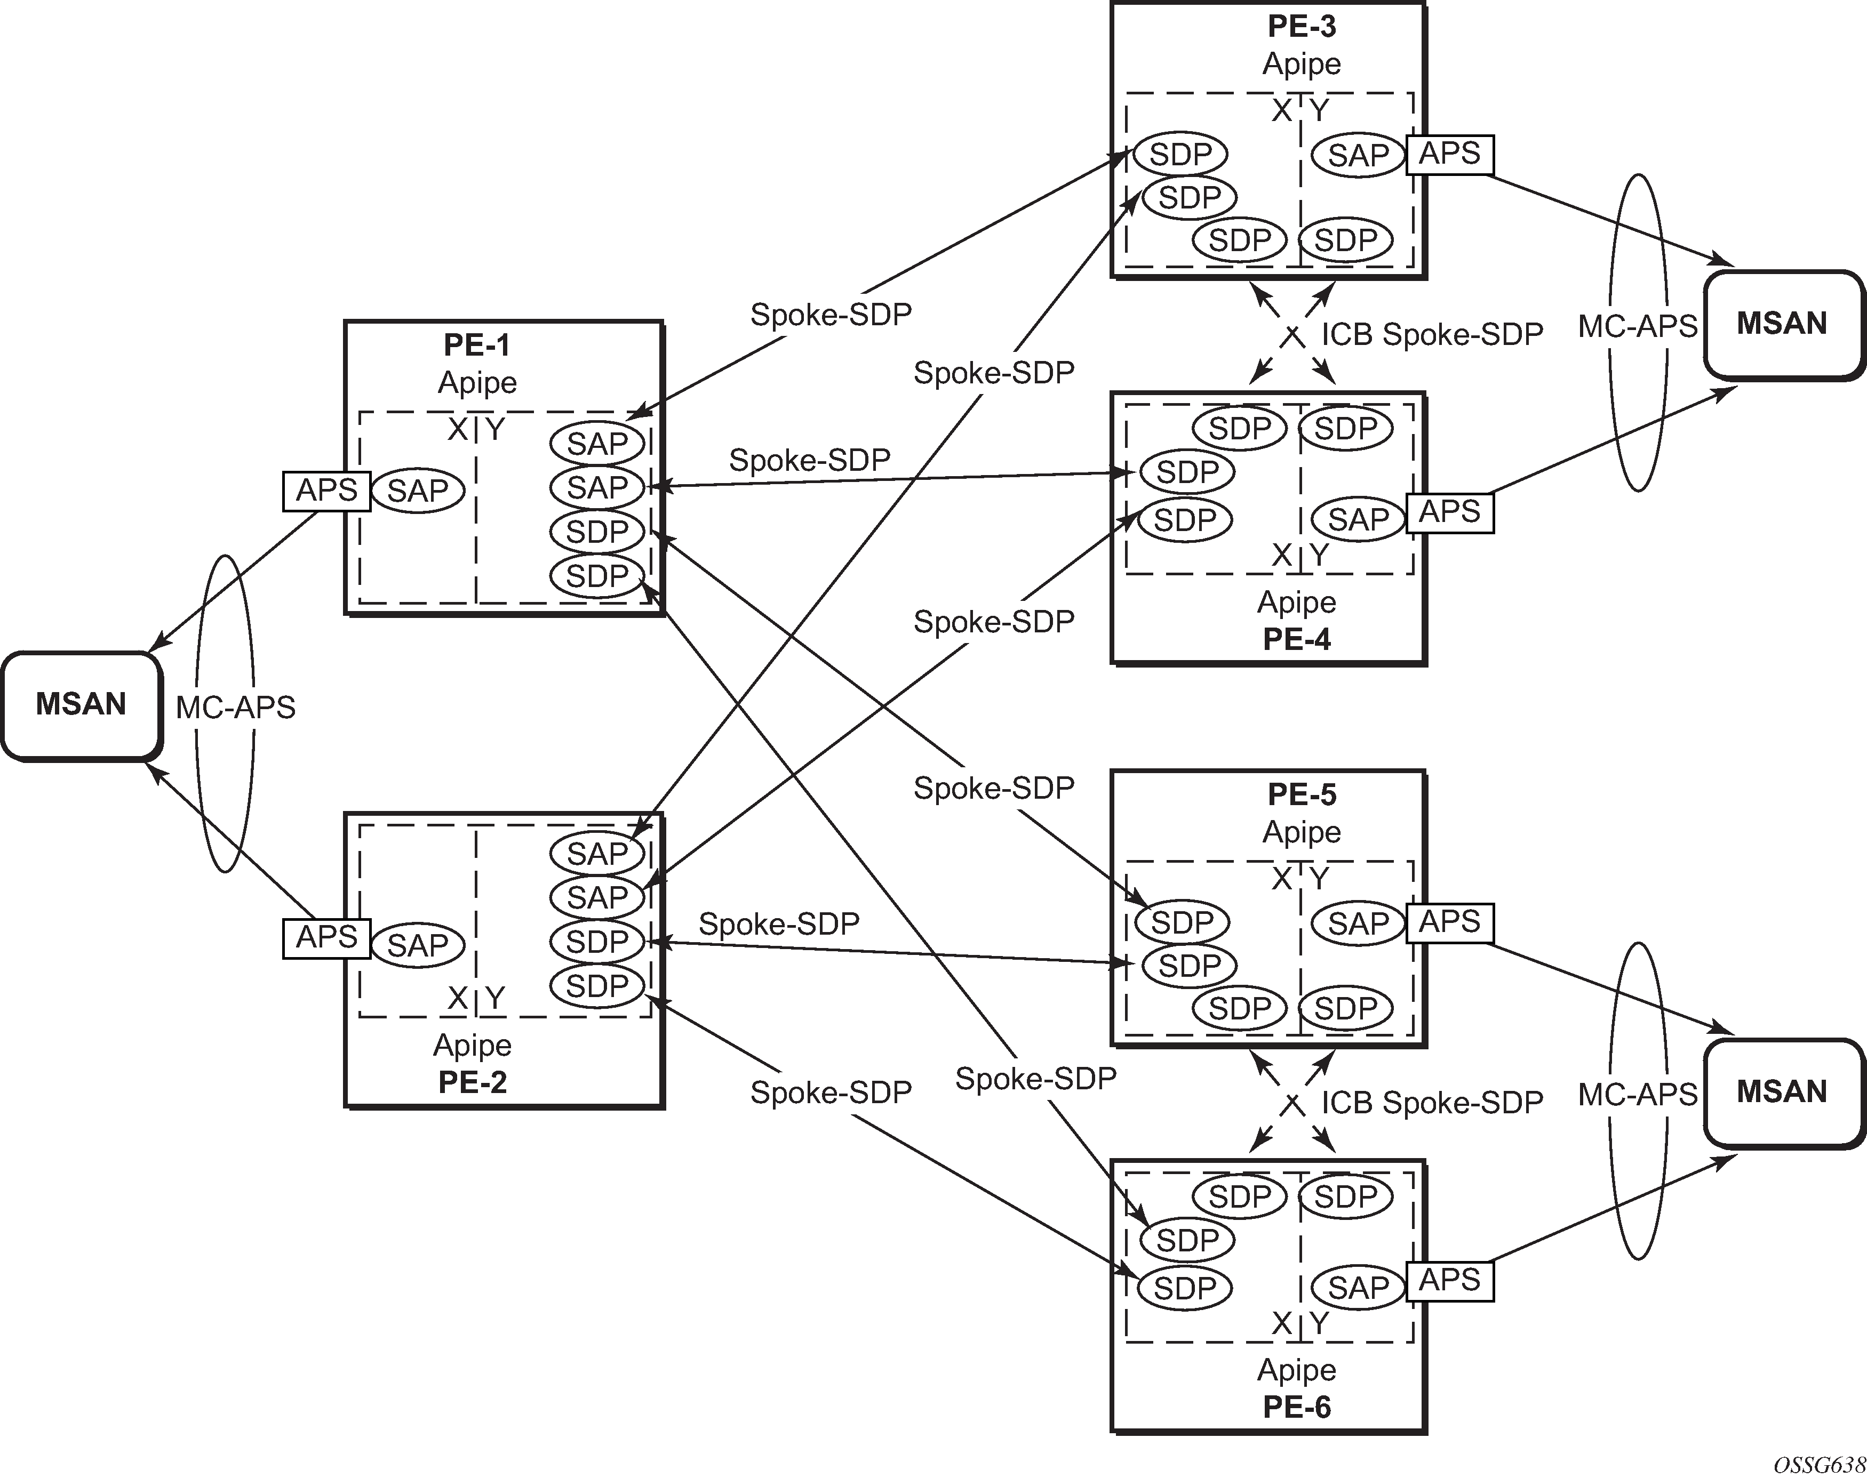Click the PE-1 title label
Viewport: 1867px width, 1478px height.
pyautogui.click(x=477, y=346)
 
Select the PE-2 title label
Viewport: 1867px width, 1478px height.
pyautogui.click(x=473, y=1082)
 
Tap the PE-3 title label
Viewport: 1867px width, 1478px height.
pyautogui.click(x=1301, y=27)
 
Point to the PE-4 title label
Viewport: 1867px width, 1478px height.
pyautogui.click(x=1297, y=639)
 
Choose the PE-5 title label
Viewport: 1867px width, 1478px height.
pyautogui.click(x=1301, y=794)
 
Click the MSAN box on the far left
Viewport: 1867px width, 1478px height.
pyautogui.click(x=82, y=705)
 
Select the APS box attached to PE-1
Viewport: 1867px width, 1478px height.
pyautogui.click(x=326, y=491)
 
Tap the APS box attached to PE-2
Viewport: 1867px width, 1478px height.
pyautogui.click(x=326, y=937)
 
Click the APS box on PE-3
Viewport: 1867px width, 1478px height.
pyautogui.click(x=1450, y=154)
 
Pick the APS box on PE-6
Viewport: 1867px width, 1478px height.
pyautogui.click(x=1450, y=1280)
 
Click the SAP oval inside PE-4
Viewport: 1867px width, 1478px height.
pyautogui.click(x=1358, y=520)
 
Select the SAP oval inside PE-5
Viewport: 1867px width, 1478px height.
pyautogui.click(x=1358, y=923)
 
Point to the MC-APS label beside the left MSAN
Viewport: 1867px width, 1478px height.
pyautogui.click(x=235, y=708)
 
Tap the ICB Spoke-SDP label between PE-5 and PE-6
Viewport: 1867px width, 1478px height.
pyautogui.click(x=1432, y=1103)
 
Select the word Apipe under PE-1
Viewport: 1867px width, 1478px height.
pyautogui.click(x=477, y=382)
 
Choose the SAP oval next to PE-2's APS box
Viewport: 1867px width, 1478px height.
pyautogui.click(x=418, y=944)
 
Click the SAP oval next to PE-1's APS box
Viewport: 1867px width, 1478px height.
pyautogui.click(x=418, y=491)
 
